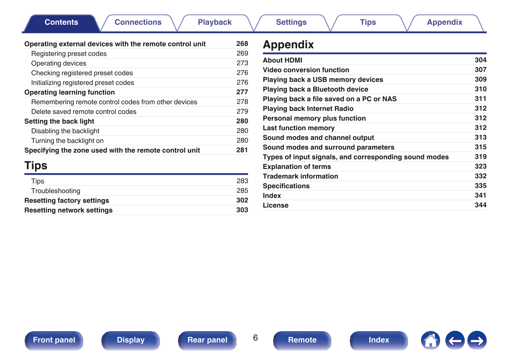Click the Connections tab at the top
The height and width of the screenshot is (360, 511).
click(x=138, y=23)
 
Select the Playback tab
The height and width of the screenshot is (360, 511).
click(x=215, y=23)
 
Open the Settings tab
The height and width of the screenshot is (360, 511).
click(x=291, y=23)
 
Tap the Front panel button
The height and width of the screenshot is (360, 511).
click(x=54, y=340)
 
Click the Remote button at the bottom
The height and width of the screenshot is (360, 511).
click(x=302, y=340)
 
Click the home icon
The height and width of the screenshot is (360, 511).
click(x=430, y=341)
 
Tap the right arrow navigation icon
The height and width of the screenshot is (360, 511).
click(x=477, y=341)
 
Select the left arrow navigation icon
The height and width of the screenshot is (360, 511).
click(x=455, y=341)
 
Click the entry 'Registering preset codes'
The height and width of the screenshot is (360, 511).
click(x=69, y=54)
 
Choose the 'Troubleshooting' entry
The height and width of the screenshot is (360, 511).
click(x=56, y=191)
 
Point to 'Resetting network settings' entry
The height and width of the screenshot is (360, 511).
click(x=68, y=210)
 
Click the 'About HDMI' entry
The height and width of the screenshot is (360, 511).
click(x=283, y=60)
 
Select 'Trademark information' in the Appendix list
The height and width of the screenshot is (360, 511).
click(x=300, y=176)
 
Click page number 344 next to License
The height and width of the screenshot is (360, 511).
click(x=481, y=205)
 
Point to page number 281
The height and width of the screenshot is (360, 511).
click(x=242, y=150)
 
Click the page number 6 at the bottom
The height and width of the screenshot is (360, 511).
click(x=255, y=338)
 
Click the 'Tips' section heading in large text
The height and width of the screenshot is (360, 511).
click(x=36, y=166)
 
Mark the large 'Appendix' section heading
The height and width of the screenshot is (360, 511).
click(x=288, y=44)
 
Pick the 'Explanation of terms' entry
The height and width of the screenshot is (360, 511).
click(x=297, y=167)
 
